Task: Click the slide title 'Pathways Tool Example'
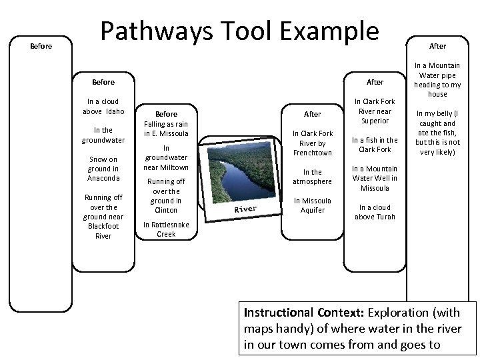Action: [x=239, y=32]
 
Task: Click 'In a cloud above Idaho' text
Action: [x=103, y=106]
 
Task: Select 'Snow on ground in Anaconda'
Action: [x=103, y=169]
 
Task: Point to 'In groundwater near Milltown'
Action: [x=166, y=157]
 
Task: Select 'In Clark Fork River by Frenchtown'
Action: [x=313, y=143]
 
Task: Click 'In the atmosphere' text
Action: [x=313, y=176]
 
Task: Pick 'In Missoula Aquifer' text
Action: [x=313, y=205]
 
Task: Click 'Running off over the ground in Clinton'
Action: [x=166, y=195]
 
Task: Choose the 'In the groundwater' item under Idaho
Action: [x=103, y=135]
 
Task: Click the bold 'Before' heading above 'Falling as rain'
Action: [x=166, y=114]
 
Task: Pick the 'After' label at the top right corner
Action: [x=437, y=46]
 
